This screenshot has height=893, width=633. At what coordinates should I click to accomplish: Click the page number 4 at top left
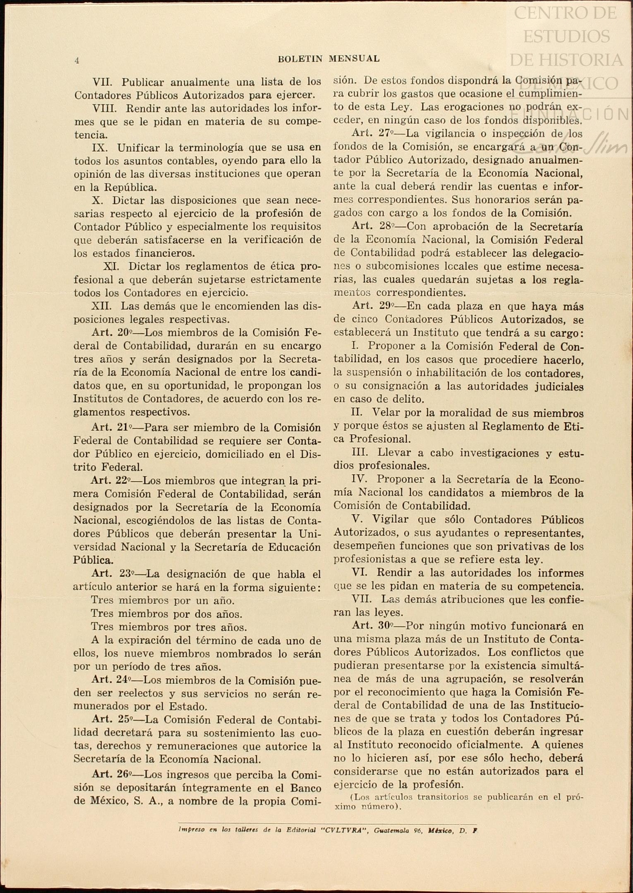pos(77,60)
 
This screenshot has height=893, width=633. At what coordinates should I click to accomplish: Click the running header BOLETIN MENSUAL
pos(328,59)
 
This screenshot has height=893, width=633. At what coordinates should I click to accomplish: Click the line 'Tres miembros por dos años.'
pos(166,614)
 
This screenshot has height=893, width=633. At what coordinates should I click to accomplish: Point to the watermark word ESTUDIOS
pos(566,36)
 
